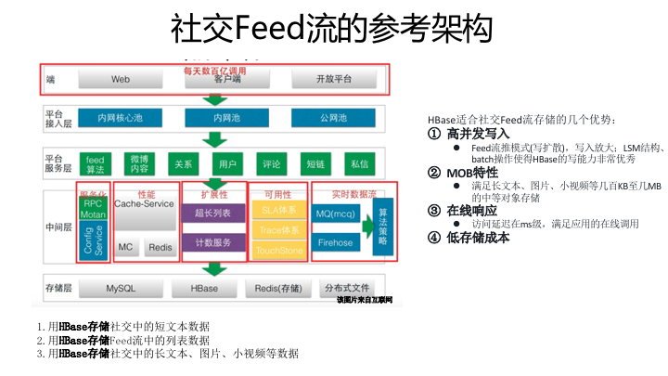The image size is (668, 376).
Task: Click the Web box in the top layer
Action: click(121, 80)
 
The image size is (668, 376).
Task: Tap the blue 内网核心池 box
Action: click(121, 118)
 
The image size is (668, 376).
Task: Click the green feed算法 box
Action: click(96, 164)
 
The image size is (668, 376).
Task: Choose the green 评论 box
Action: click(272, 164)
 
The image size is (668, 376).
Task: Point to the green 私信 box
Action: click(358, 164)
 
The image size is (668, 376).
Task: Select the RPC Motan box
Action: click(94, 209)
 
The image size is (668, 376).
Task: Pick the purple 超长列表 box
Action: click(212, 213)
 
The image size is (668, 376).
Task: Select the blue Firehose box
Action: click(336, 242)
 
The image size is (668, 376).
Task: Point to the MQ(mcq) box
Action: click(336, 213)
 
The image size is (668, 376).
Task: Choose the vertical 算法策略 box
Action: click(382, 227)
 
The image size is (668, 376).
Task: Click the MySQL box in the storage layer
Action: click(121, 289)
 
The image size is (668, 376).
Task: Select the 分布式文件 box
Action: click(353, 289)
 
